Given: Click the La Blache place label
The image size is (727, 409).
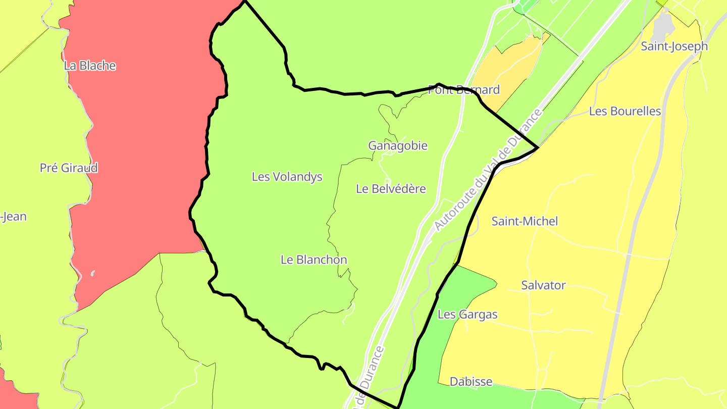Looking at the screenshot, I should [x=90, y=66].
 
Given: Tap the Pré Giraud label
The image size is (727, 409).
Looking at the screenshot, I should [x=69, y=168].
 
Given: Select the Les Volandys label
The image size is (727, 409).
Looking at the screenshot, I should [x=287, y=177].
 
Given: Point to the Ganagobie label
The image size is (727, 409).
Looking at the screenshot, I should [x=398, y=146].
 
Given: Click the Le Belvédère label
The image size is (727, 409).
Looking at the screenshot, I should [x=391, y=189].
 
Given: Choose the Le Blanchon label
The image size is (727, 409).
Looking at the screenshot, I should [x=314, y=260].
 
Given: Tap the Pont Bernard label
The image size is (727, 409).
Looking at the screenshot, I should [x=463, y=90].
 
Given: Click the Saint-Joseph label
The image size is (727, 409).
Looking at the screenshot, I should [x=674, y=46].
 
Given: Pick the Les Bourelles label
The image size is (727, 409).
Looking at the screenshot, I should [x=625, y=111].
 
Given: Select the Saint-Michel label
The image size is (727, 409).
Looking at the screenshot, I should [x=525, y=221].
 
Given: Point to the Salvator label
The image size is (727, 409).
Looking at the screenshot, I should [x=543, y=285].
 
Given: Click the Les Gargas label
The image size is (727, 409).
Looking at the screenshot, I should [x=468, y=315].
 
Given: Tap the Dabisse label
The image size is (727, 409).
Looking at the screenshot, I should [x=471, y=382].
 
